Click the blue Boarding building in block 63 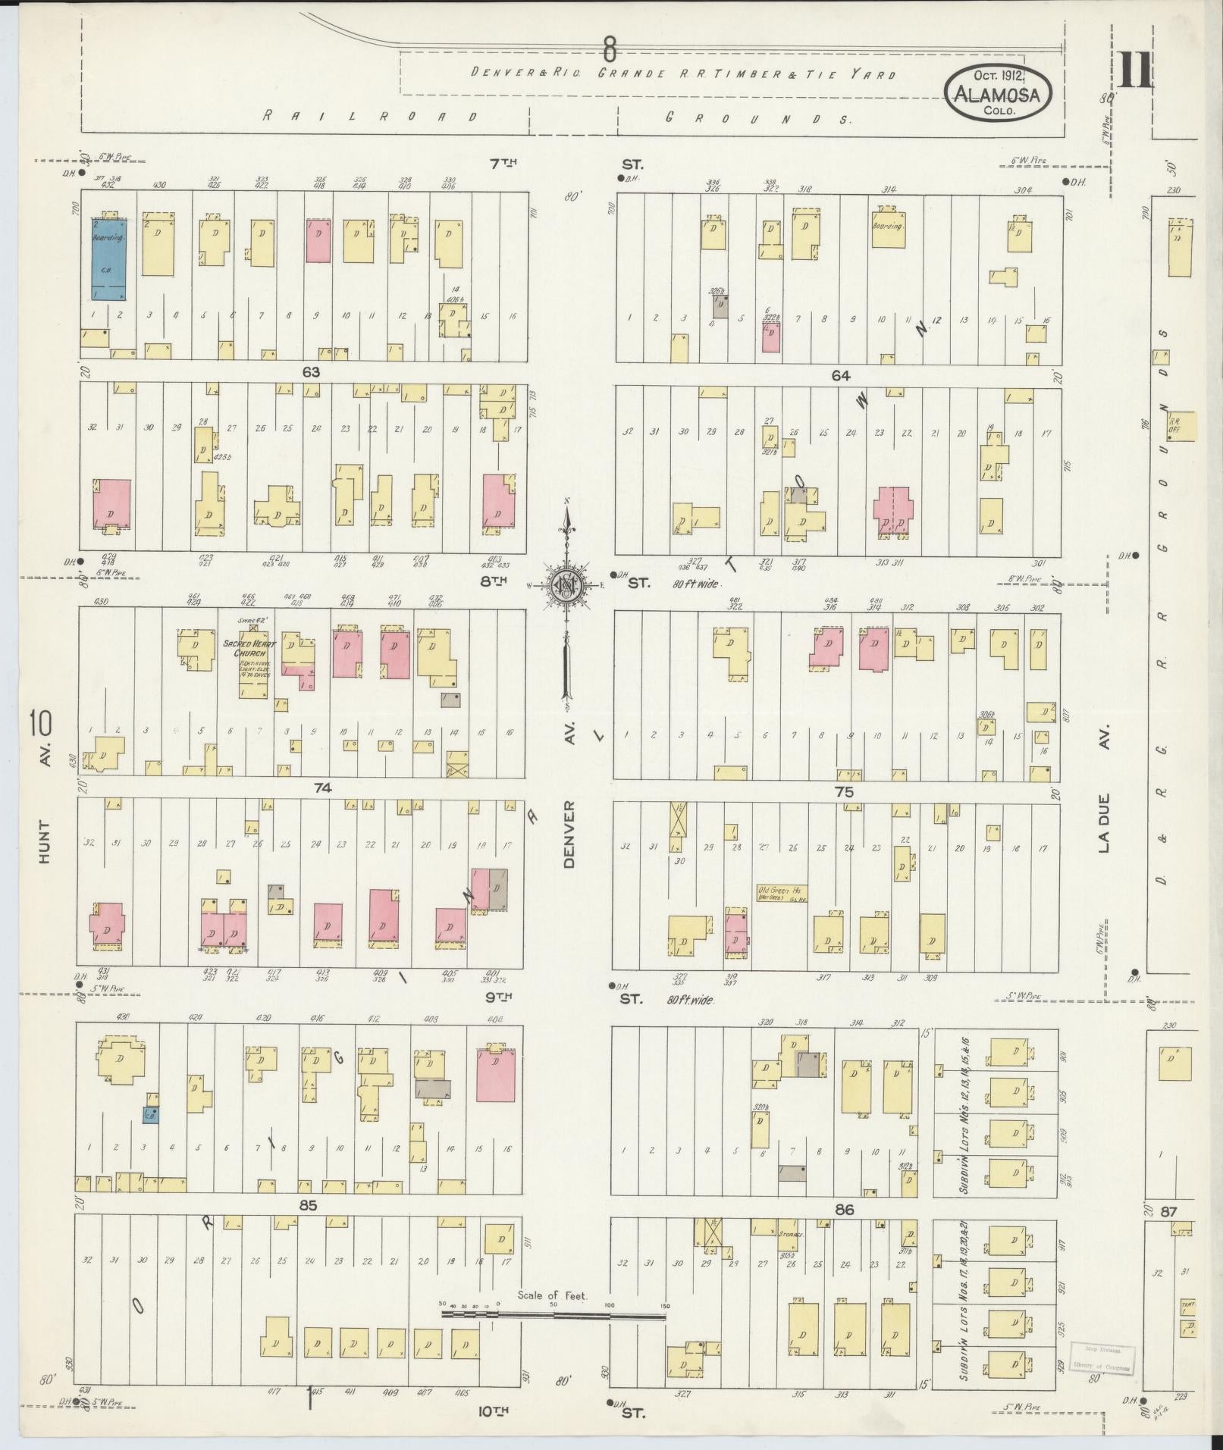click(109, 260)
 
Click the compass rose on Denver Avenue click(566, 584)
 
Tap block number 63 click(311, 372)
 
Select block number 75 click(843, 792)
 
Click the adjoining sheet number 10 click(40, 723)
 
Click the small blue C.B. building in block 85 click(150, 1115)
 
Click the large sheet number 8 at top click(609, 49)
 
